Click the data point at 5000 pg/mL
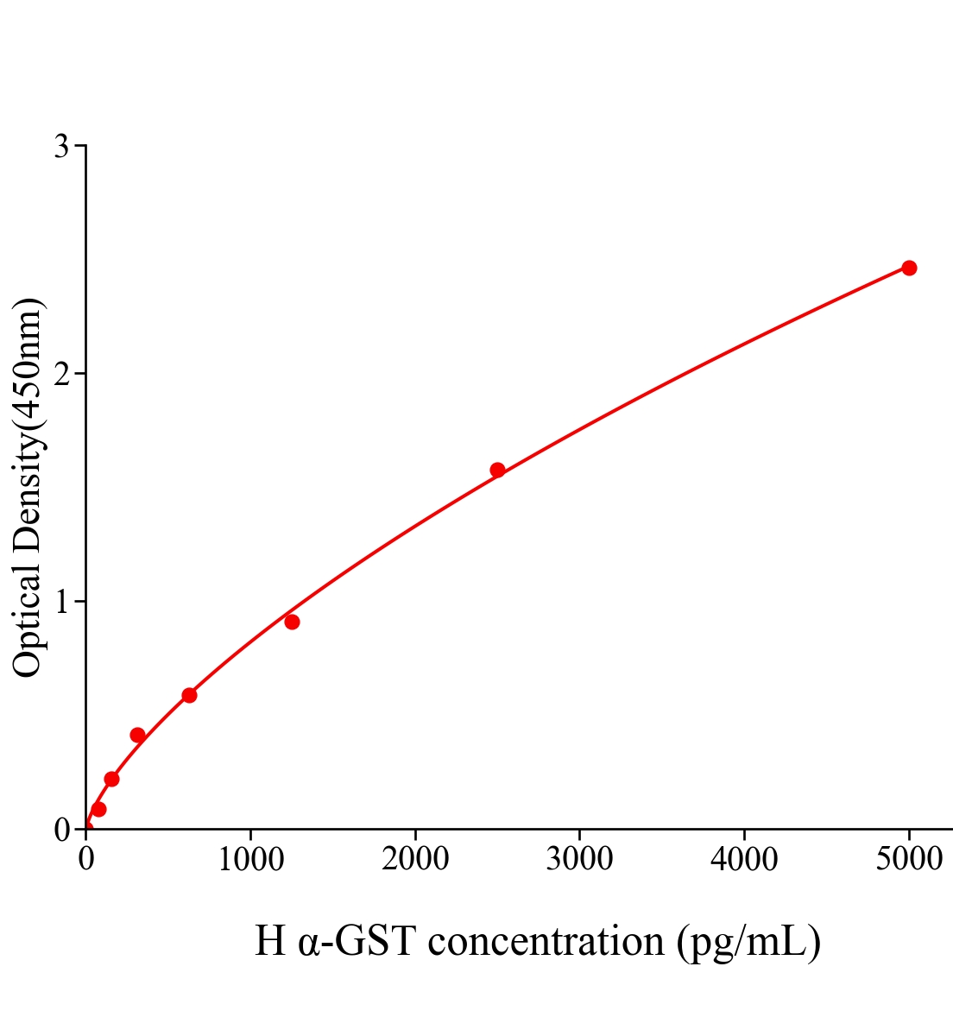pyautogui.click(x=908, y=268)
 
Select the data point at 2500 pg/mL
pyautogui.click(x=497, y=470)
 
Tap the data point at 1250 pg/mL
pyautogui.click(x=292, y=622)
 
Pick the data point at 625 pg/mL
pyautogui.click(x=189, y=695)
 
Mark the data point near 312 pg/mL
pyautogui.click(x=137, y=735)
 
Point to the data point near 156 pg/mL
pyautogui.click(x=111, y=779)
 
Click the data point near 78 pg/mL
pyautogui.click(x=98, y=809)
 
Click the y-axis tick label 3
pyautogui.click(x=61, y=147)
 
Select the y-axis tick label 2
pyautogui.click(x=61, y=374)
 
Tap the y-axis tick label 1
pyautogui.click(x=61, y=602)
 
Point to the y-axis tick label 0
pyautogui.click(x=61, y=830)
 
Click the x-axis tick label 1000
pyautogui.click(x=250, y=860)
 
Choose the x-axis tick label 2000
pyautogui.click(x=415, y=860)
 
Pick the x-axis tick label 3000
pyautogui.click(x=579, y=860)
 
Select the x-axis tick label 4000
pyautogui.click(x=744, y=860)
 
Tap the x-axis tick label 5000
pyautogui.click(x=908, y=860)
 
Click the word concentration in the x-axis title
pyautogui.click(x=546, y=941)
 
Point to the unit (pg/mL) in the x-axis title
pyautogui.click(x=748, y=941)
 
